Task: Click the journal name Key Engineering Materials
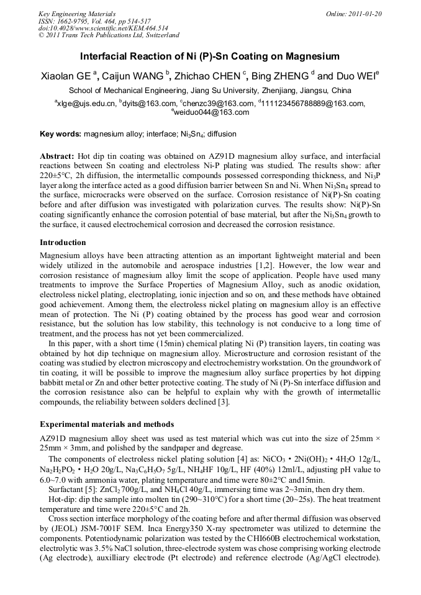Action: [77, 13]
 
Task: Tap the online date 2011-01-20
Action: [365, 13]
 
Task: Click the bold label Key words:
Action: [61, 133]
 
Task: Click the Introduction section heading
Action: [63, 242]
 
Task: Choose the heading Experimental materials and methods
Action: [107, 424]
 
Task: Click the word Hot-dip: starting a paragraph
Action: [64, 498]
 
